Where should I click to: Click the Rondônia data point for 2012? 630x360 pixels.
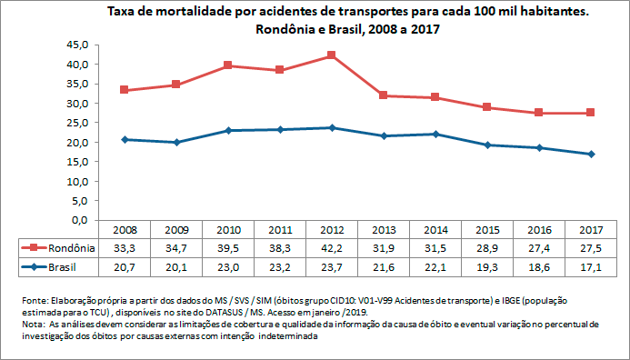pos(332,55)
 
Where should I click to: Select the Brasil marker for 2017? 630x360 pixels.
pos(590,154)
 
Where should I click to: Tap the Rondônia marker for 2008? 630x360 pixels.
pos(124,90)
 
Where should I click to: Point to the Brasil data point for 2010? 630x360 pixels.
pos(227,131)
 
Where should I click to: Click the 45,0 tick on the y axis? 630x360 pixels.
pos(75,45)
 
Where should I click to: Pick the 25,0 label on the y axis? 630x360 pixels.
pos(75,123)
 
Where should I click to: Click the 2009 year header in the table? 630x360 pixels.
pos(175,230)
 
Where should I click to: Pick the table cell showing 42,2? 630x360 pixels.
pos(331,248)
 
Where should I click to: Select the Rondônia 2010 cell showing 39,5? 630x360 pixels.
pos(227,248)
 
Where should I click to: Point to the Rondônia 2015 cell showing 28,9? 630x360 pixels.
pos(486,248)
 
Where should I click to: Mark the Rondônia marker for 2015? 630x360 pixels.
pos(486,107)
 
